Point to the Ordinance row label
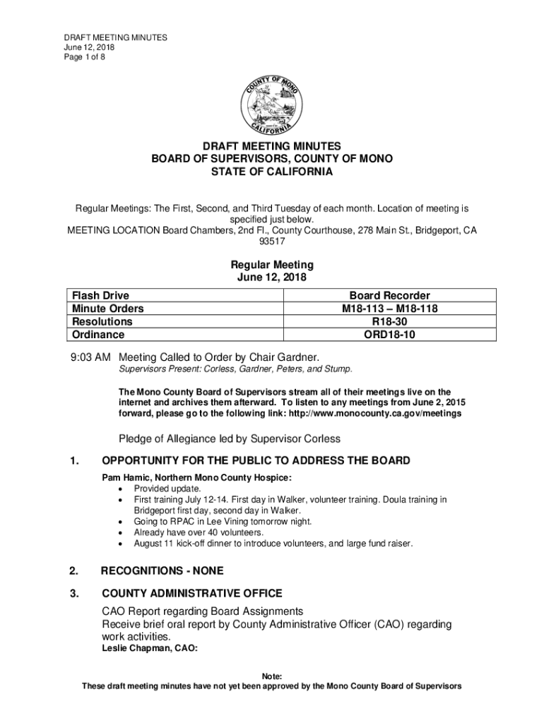pyautogui.click(x=97, y=335)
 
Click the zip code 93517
pyautogui.click(x=272, y=241)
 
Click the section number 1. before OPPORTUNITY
pyautogui.click(x=74, y=461)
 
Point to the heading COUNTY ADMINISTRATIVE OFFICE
pyautogui.click(x=192, y=593)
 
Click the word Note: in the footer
pyautogui.click(x=272, y=676)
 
